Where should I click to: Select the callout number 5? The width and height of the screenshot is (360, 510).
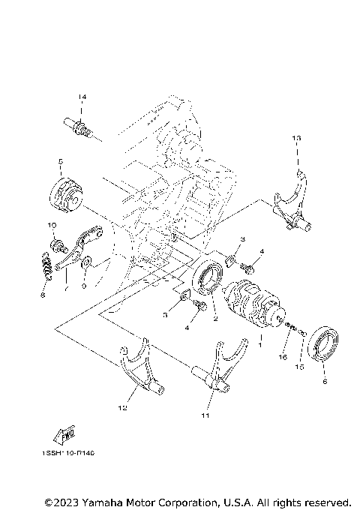[59, 161]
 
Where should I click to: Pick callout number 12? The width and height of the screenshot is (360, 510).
[122, 409]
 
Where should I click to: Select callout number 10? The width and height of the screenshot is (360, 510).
[52, 226]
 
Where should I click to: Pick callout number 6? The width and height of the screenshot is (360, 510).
[324, 381]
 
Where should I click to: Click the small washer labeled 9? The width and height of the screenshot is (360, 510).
[87, 262]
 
